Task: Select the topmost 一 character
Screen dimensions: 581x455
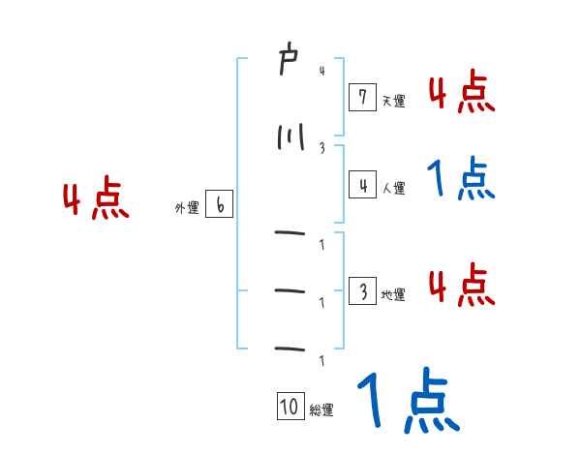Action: [289, 232]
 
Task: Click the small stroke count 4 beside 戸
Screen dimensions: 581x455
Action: [321, 70]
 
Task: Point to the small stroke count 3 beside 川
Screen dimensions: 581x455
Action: [321, 147]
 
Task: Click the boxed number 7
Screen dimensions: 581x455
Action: [361, 97]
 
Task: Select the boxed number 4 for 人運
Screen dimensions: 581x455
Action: [361, 184]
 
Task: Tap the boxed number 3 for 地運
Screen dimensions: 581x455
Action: [361, 290]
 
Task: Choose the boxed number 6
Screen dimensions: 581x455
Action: [220, 205]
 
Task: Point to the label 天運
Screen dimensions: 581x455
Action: [393, 100]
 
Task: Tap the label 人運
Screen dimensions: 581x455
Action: [393, 188]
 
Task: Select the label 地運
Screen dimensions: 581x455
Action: [393, 294]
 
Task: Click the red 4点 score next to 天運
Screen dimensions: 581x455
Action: [462, 93]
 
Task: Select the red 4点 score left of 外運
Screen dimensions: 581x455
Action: [96, 201]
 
